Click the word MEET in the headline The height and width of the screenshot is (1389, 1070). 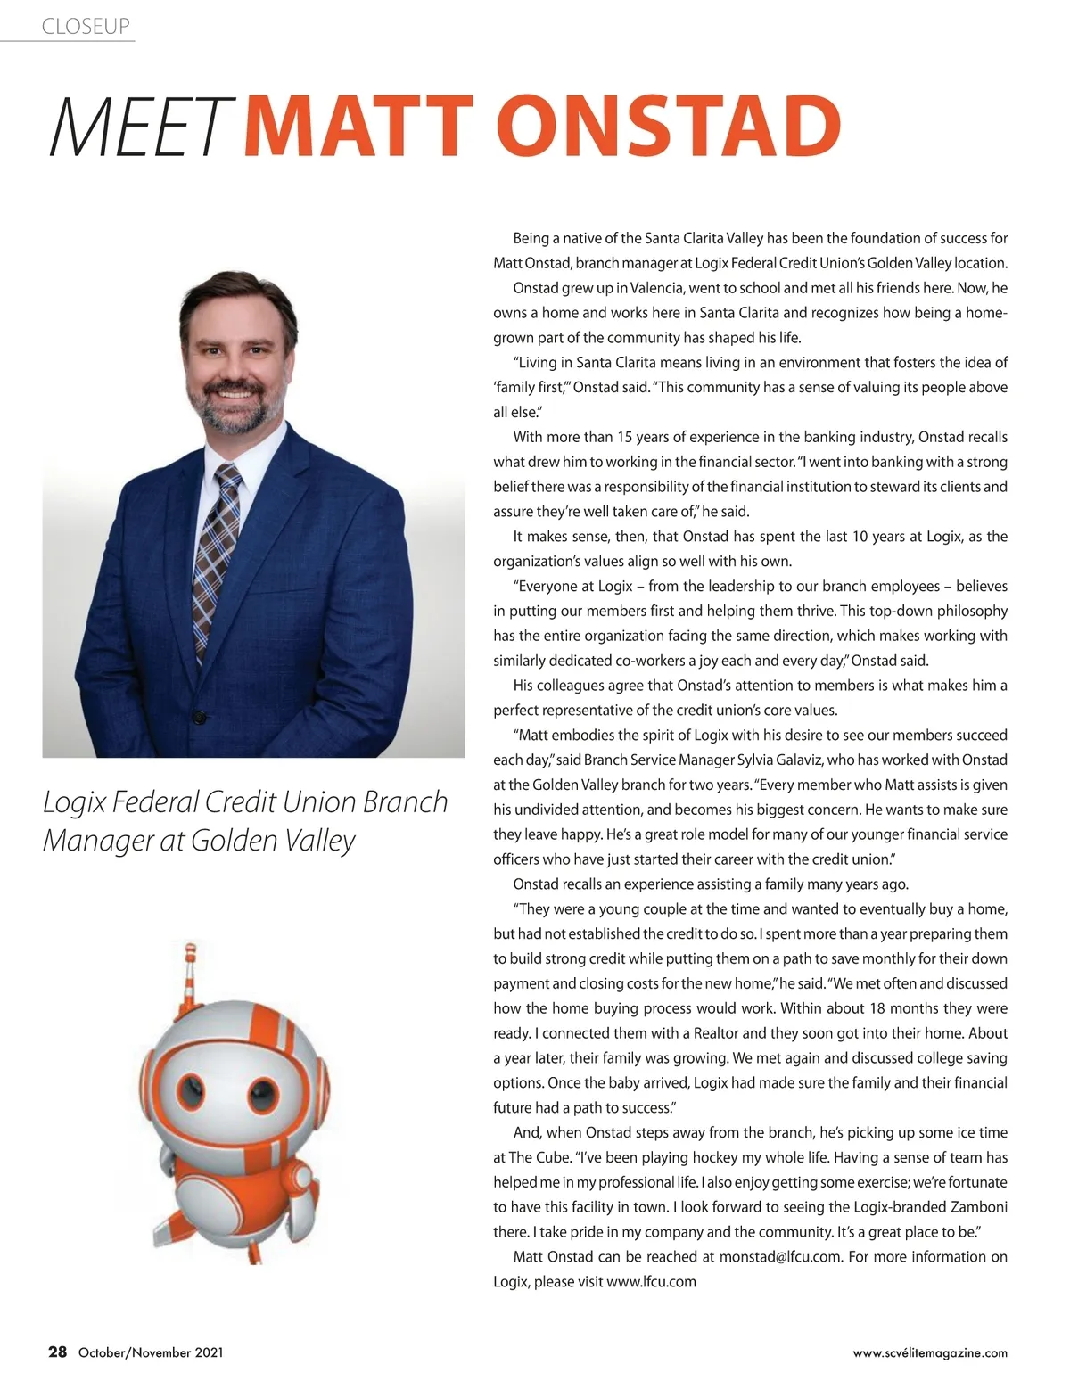click(x=140, y=127)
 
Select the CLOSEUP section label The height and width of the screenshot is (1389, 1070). click(x=86, y=27)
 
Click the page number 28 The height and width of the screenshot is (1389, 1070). click(x=57, y=1352)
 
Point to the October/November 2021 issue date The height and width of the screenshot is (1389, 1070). click(x=151, y=1352)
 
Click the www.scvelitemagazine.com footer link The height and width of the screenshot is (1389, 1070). click(x=930, y=1352)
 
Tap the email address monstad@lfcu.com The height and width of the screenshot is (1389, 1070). click(x=780, y=1257)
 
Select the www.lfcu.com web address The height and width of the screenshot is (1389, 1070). click(x=651, y=1282)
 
